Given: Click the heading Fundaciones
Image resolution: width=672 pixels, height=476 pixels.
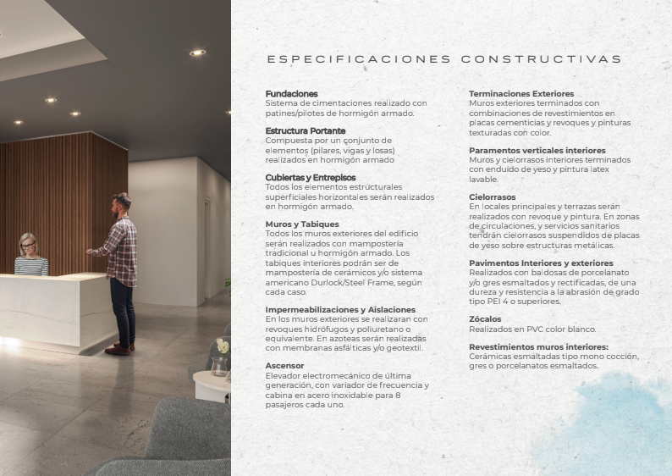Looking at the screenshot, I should tap(292, 93).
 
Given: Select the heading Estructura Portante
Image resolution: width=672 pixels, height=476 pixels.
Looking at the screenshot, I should tap(306, 130).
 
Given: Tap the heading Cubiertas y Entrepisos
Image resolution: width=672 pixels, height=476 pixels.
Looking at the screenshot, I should tap(311, 177).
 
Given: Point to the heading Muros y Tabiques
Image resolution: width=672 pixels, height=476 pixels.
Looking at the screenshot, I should tap(302, 224).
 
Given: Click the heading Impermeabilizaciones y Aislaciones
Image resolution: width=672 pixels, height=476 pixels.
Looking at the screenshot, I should tap(334, 310).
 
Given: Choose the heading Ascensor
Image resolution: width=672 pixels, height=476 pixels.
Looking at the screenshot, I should tap(285, 365).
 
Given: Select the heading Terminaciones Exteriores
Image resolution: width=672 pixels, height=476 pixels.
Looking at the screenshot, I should tap(521, 93).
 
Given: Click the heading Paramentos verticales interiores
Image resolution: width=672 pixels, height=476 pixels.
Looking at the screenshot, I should tap(537, 150).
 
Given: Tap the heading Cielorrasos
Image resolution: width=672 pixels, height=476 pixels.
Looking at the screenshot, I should tap(493, 196).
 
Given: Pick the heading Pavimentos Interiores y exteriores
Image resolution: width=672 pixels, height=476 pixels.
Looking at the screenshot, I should tap(541, 263).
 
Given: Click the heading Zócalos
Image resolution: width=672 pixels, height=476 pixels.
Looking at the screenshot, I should tap(485, 318).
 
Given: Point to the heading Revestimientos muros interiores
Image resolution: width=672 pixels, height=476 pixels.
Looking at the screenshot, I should tap(538, 346).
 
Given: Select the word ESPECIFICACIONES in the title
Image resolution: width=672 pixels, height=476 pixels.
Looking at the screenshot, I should tap(359, 59).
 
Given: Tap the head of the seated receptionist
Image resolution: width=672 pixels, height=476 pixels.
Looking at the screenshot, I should tap(28, 244).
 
